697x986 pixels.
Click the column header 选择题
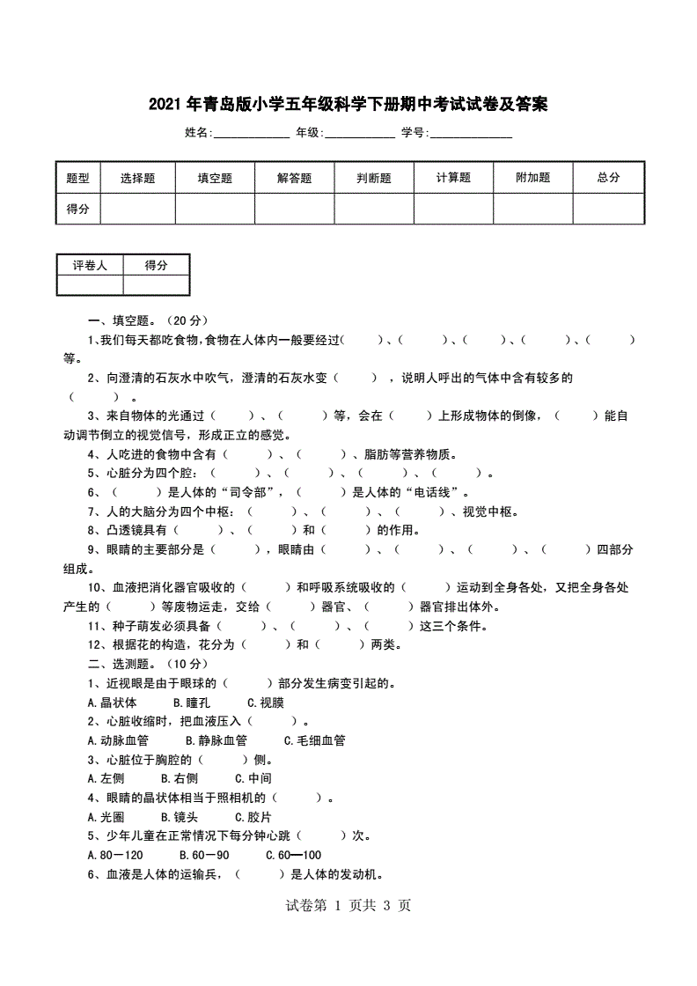tap(137, 178)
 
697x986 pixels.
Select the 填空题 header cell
tap(215, 178)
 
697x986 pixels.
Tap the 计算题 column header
tap(453, 178)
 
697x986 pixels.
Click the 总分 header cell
tap(608, 178)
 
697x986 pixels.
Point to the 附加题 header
tap(532, 178)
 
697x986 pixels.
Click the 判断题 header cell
tap(373, 178)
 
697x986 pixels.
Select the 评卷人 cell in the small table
tap(89, 265)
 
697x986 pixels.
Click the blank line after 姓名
tap(252, 134)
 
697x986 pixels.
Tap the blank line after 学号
tap(471, 134)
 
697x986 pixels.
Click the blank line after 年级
tap(360, 134)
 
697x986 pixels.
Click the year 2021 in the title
tap(165, 105)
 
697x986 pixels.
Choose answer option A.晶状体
tap(113, 703)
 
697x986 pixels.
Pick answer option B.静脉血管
tap(216, 740)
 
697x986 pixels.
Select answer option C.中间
tap(253, 778)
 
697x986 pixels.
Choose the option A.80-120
tap(115, 855)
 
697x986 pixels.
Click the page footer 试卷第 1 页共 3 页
tap(348, 906)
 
